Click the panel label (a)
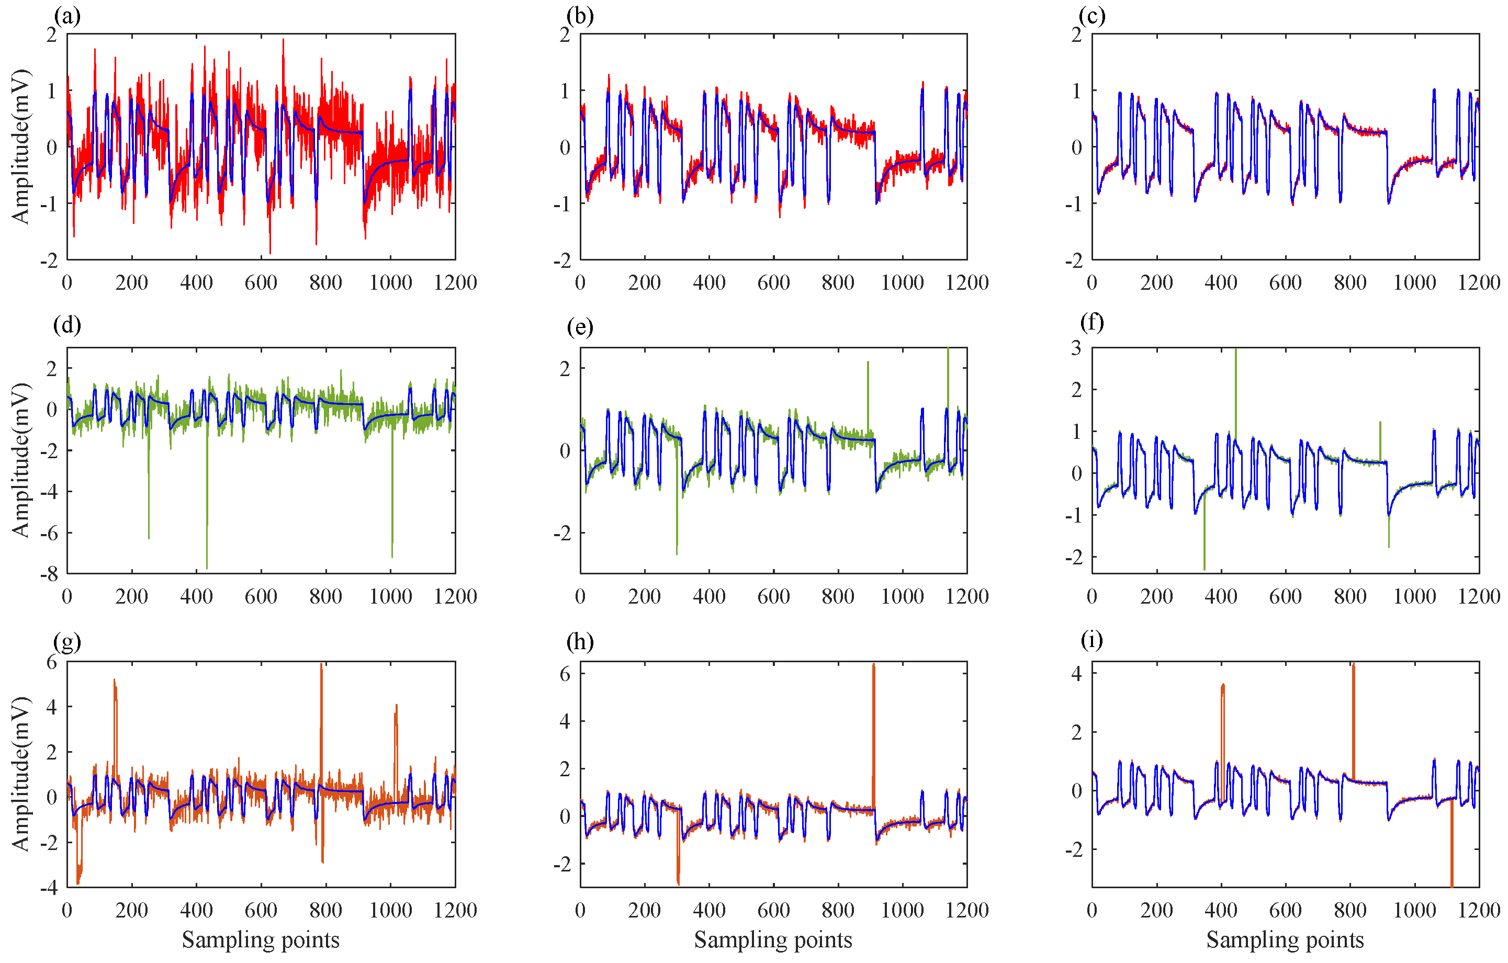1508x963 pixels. point(67,16)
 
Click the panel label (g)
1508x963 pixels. point(67,641)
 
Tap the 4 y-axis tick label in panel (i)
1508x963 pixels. point(1076,673)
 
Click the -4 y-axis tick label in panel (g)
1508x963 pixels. point(48,887)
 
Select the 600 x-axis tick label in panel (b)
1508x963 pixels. point(773,282)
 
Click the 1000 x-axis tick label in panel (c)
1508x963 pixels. point(1414,282)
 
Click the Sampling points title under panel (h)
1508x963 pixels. point(773,939)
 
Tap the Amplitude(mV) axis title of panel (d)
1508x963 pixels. point(20,460)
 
